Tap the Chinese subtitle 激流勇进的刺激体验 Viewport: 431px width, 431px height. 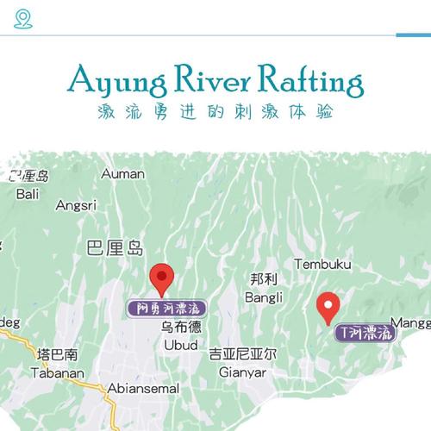215,112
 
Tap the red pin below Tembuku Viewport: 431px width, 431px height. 328,306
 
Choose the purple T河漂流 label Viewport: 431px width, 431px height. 365,331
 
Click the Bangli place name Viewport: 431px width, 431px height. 264,298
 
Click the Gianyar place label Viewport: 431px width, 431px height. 243,372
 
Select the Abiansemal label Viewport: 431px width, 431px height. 143,389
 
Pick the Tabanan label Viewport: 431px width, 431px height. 58,373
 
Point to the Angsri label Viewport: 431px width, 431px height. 76,206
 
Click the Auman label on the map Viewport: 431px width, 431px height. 122,174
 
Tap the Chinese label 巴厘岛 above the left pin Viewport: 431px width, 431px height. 116,249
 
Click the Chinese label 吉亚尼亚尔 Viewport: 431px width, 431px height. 243,354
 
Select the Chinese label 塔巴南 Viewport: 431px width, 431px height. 58,355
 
